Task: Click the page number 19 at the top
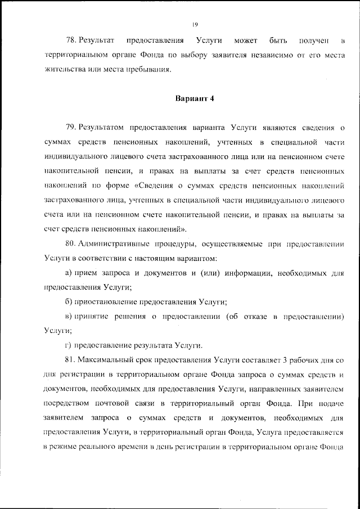tap(193, 24)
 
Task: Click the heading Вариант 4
tap(193, 99)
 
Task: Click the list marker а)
tap(69, 273)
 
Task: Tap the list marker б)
tap(69, 301)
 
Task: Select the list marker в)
tap(69, 316)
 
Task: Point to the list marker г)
tap(69, 345)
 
